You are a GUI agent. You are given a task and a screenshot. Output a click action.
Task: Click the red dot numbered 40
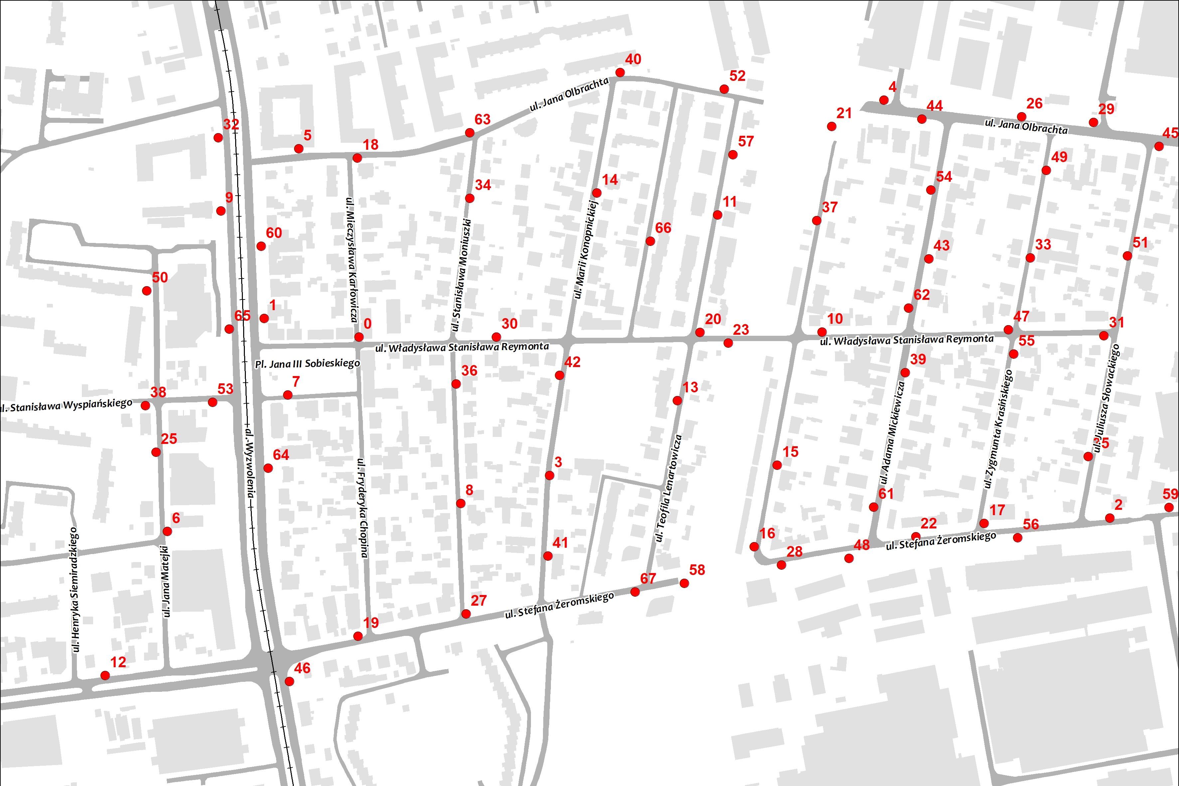coord(620,73)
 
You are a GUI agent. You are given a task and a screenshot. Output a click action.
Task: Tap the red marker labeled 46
coord(289,681)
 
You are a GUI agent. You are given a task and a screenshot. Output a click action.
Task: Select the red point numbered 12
coord(105,676)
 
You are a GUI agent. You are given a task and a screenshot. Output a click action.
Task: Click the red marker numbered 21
coord(832,127)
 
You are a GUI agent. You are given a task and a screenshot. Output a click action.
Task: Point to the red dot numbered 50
coord(147,291)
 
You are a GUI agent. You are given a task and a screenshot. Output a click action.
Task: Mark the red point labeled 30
coord(496,337)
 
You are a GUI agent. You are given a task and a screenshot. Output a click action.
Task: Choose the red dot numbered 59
coord(1169,508)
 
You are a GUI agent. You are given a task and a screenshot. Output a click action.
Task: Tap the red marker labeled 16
coord(754,546)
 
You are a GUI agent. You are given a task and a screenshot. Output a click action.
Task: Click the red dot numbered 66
coord(650,241)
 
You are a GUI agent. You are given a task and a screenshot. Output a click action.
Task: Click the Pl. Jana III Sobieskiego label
coord(307,364)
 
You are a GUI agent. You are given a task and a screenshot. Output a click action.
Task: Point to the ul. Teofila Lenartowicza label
coord(669,489)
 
